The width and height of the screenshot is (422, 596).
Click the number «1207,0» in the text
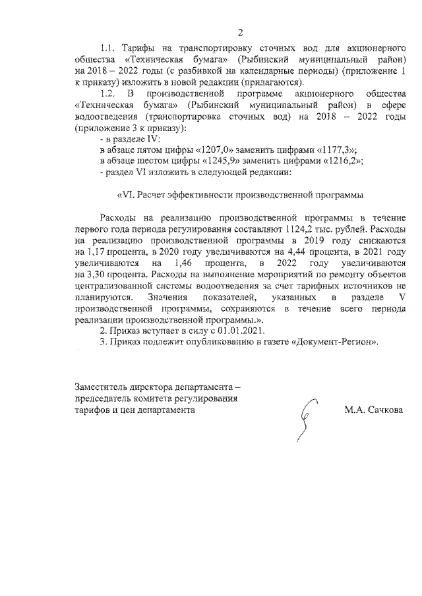click(216, 150)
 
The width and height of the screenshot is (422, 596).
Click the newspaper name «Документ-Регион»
click(337, 341)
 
